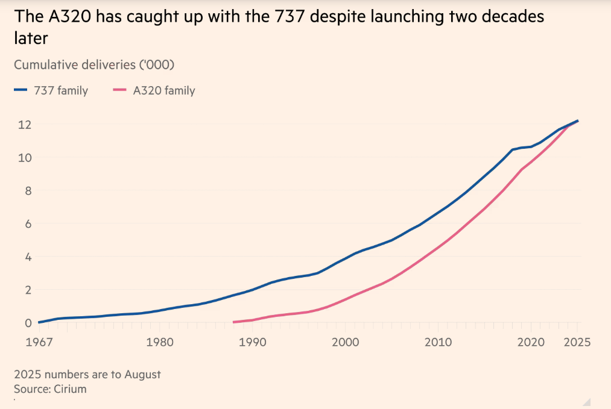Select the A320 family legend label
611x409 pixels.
click(163, 91)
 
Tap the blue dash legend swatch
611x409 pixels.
click(21, 91)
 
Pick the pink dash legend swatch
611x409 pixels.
click(119, 91)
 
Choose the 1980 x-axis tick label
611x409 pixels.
click(160, 342)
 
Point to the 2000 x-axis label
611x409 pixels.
click(345, 342)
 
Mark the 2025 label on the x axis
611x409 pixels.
click(577, 342)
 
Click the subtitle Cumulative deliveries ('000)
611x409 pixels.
click(93, 64)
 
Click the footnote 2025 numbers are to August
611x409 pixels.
click(87, 374)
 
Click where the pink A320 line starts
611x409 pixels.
click(234, 322)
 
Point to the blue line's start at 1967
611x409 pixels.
click(39, 322)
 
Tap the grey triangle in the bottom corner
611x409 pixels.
click(586, 402)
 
